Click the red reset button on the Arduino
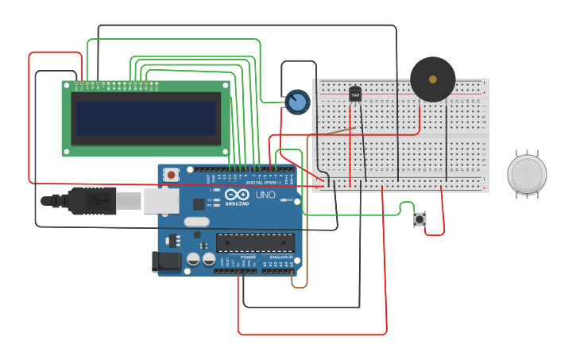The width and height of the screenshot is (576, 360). coord(171,174)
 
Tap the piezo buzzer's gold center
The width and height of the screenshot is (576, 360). coord(432,79)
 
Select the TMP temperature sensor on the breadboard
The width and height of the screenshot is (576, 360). coord(355,95)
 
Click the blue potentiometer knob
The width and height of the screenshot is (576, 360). coord(297,102)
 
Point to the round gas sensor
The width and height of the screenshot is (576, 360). coord(527,174)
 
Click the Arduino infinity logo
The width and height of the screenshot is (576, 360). coord(237,195)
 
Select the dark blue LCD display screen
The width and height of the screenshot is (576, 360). coord(145,118)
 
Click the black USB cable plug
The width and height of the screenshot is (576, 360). coord(91,201)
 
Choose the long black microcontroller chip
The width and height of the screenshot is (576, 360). coord(255,242)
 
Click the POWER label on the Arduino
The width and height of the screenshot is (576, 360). coord(248,257)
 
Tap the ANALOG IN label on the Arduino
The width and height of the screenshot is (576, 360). coord(279,257)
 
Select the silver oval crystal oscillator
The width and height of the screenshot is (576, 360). coord(196,223)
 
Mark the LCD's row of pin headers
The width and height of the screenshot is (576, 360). coord(118,83)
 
